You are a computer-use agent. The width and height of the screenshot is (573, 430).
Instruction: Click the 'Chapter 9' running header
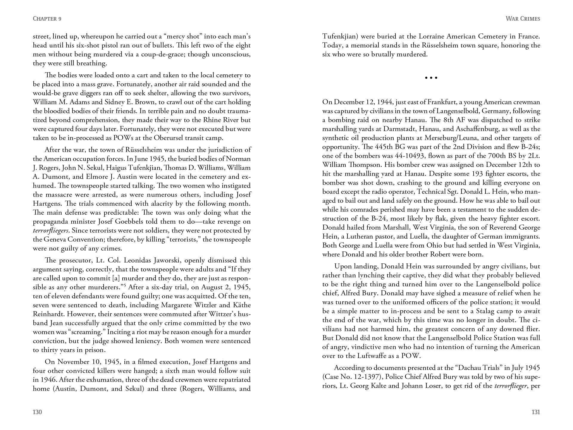(x=47, y=19)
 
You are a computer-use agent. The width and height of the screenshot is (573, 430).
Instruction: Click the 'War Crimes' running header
(x=523, y=19)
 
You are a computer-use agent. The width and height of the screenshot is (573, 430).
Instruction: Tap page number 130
(x=37, y=412)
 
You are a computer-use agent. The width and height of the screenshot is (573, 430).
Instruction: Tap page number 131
(x=536, y=412)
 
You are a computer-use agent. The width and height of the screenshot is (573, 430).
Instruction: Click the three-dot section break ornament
(x=431, y=78)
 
